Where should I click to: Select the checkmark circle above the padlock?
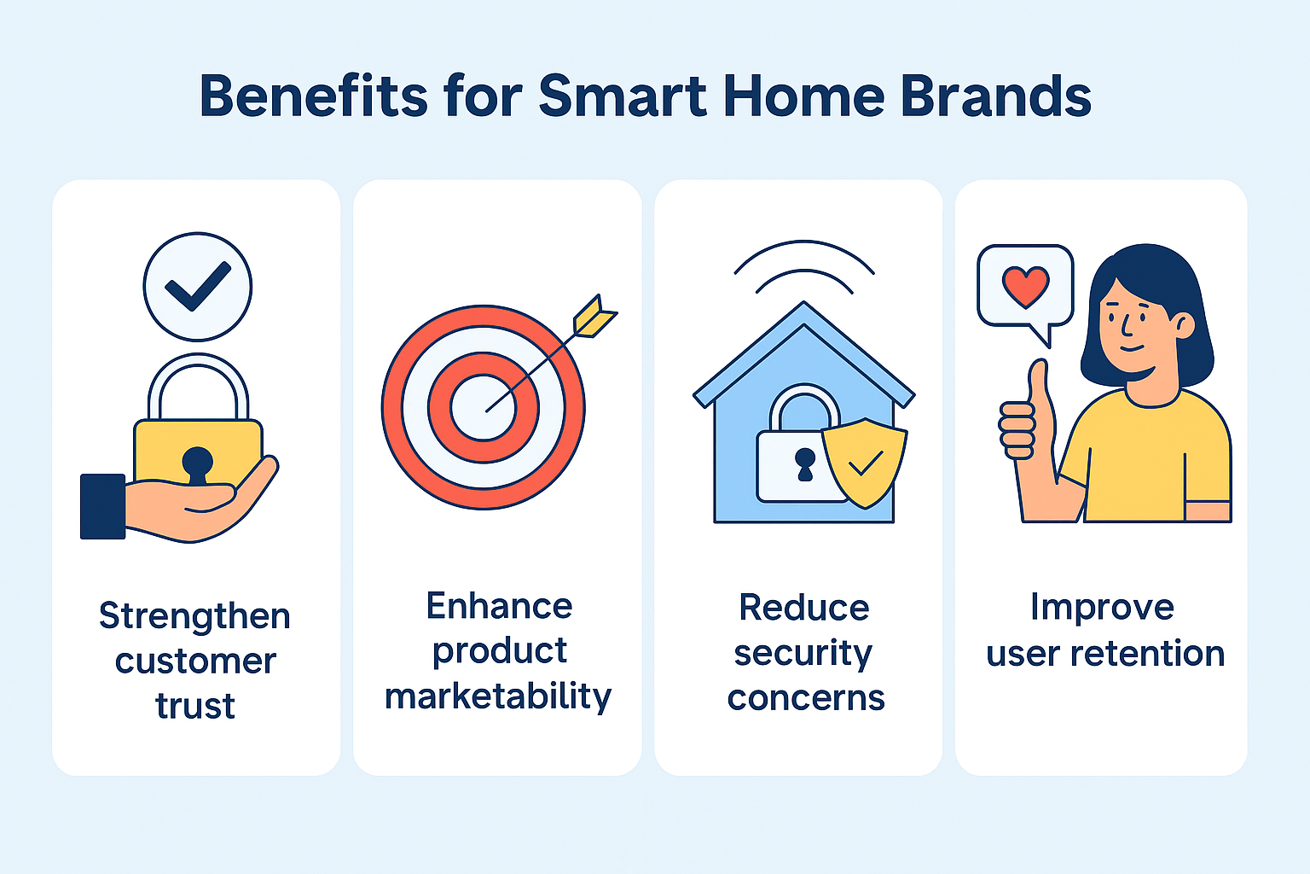(x=198, y=286)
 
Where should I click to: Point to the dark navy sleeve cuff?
(x=102, y=506)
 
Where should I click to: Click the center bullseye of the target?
(x=483, y=408)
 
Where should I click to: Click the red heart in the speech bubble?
(x=1025, y=287)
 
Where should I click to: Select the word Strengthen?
(x=194, y=616)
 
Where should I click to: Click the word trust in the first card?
(x=195, y=706)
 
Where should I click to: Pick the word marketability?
(x=498, y=696)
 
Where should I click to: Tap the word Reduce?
(x=803, y=608)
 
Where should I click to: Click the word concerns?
(x=806, y=698)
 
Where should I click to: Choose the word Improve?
(x=1102, y=608)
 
